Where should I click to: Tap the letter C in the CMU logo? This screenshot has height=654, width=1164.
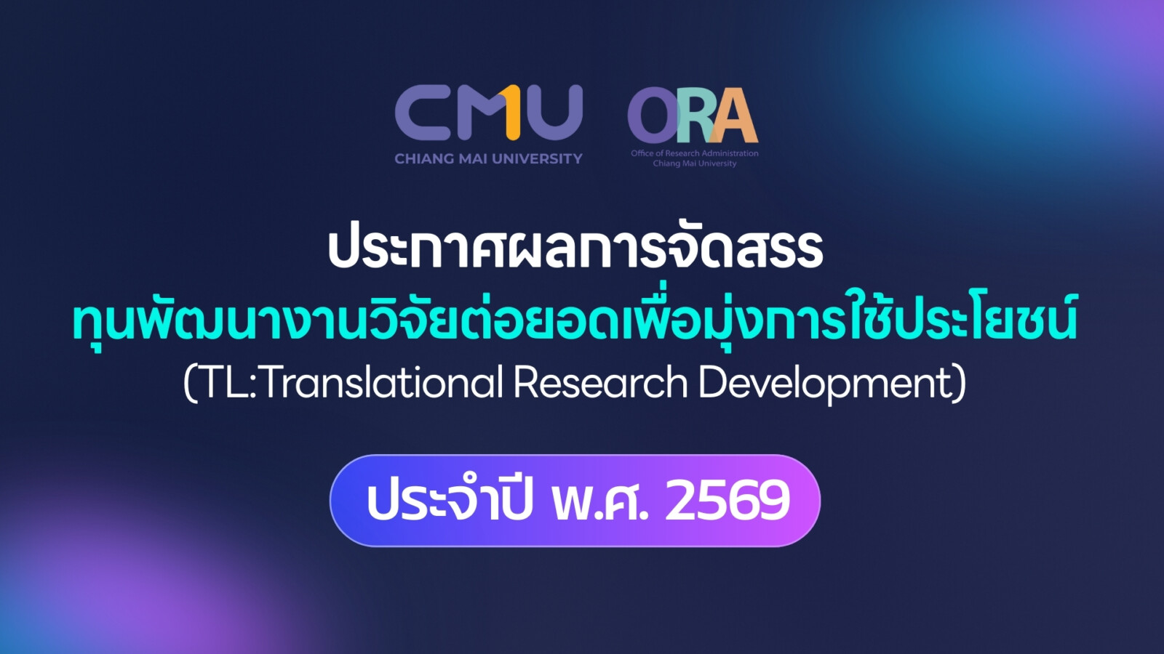(422, 113)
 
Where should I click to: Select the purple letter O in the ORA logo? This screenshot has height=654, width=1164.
(653, 116)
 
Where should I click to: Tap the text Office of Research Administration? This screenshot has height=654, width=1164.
(695, 153)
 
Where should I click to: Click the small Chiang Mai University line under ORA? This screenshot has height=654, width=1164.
(695, 163)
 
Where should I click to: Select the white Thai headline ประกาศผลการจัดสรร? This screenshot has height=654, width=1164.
(575, 249)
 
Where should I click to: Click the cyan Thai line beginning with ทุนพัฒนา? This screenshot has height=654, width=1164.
(574, 321)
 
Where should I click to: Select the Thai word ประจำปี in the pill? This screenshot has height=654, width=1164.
(449, 499)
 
